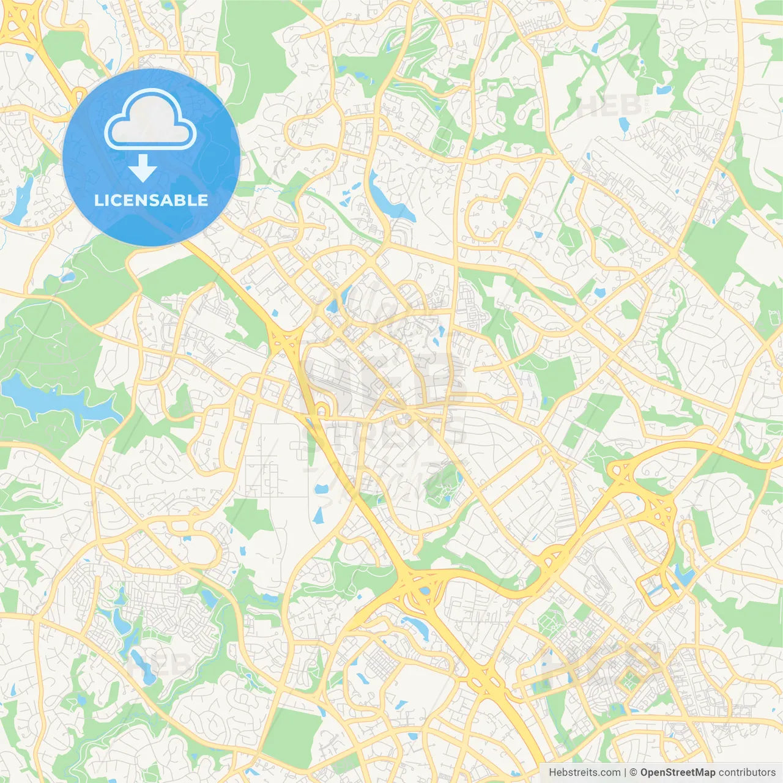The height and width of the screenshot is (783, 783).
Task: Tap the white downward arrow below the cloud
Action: [x=143, y=168]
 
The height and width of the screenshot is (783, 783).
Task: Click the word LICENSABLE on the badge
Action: [x=151, y=200]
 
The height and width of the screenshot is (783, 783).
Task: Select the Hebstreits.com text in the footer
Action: [x=584, y=773]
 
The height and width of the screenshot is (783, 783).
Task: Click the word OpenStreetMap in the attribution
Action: [x=677, y=773]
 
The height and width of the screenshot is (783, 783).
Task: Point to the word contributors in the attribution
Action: [x=747, y=773]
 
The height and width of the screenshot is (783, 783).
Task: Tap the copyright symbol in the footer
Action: [x=634, y=773]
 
